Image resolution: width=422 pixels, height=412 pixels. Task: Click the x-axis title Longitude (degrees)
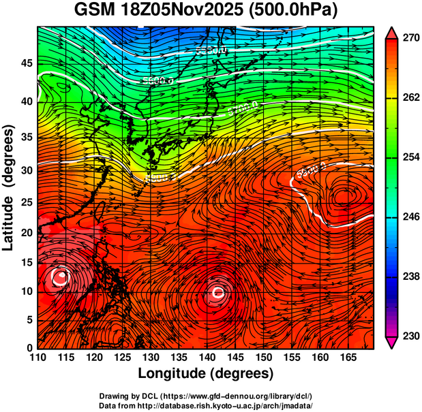pyautogui.click(x=206, y=373)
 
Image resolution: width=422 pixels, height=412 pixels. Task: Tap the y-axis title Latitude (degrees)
pyautogui.click(x=10, y=187)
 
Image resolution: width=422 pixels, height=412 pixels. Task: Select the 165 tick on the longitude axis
pyautogui.click(x=347, y=356)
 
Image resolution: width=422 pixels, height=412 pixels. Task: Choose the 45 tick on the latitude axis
pyautogui.click(x=26, y=63)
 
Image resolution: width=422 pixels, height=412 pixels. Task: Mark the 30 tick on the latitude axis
pyautogui.click(x=26, y=170)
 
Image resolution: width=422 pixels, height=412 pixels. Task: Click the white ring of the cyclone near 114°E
pyautogui.click(x=61, y=276)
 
